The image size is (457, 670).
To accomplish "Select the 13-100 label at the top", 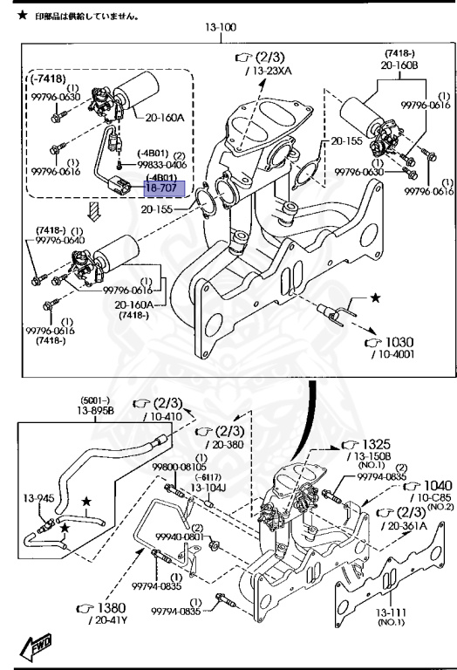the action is click(221, 27).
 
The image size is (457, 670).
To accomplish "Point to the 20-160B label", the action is click(399, 65).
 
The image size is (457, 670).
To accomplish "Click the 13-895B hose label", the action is click(96, 411).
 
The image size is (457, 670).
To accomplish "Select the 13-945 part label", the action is click(39, 498).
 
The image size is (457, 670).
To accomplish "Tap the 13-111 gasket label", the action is click(391, 612).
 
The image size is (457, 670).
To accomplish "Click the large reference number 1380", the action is click(112, 607).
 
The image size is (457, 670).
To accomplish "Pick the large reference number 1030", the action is click(399, 342).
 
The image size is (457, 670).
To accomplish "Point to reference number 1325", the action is click(377, 444).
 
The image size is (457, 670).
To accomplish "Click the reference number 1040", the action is click(437, 485).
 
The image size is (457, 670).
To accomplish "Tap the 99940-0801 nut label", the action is click(180, 537).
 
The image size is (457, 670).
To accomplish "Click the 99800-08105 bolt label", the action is click(180, 467).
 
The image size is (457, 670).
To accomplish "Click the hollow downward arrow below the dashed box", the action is click(93, 211).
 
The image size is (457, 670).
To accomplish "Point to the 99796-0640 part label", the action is click(60, 240).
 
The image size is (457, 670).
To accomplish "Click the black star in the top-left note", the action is click(22, 16).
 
